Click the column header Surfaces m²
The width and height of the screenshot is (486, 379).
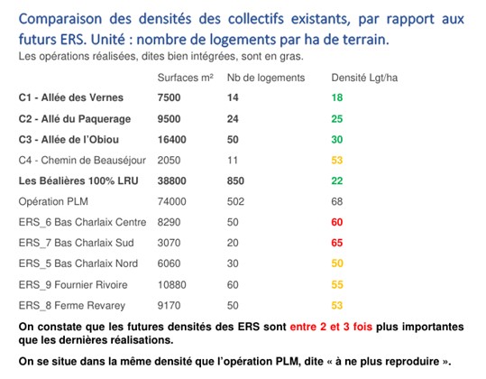[x=186, y=78]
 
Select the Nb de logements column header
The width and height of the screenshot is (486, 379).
[x=266, y=78]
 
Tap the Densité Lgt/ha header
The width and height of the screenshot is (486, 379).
[x=364, y=78]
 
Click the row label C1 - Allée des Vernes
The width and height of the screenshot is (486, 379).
[x=71, y=97]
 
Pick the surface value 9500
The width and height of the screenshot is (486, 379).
[x=169, y=119]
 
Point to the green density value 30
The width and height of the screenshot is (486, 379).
[x=337, y=140]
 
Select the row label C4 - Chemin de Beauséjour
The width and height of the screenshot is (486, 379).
[x=82, y=161]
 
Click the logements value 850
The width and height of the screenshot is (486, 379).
[x=235, y=180]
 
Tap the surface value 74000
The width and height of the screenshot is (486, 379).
[x=171, y=201]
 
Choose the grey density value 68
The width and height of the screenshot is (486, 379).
[x=337, y=201]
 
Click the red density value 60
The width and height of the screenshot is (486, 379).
[x=337, y=222]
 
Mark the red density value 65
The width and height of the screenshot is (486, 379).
[x=337, y=243]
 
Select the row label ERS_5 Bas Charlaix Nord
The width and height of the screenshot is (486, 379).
[x=78, y=263]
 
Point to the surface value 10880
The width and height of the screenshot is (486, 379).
[x=171, y=285]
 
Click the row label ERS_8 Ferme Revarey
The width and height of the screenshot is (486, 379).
[x=72, y=306]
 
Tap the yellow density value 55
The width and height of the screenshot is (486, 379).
[x=337, y=285]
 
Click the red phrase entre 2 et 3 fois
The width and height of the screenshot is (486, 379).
[x=331, y=327]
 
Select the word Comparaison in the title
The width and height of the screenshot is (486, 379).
[x=60, y=19]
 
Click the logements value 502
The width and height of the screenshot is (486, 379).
[x=235, y=201]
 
